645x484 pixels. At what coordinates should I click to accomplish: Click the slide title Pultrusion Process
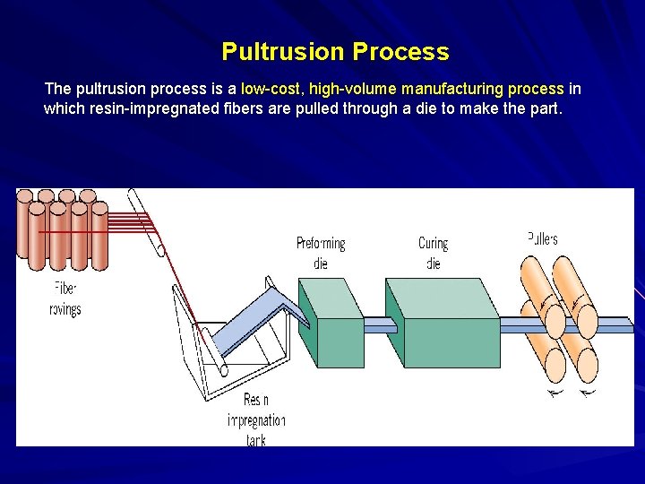pos(335,52)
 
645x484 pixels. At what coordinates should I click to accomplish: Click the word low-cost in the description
pos(272,90)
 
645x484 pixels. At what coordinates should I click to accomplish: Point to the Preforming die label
pos(321,252)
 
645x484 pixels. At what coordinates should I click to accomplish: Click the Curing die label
pos(434,252)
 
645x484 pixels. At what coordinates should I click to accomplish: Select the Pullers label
pos(542,238)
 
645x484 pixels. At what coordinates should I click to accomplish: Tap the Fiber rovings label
pos(64,298)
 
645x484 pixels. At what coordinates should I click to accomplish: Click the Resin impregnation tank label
pos(256,419)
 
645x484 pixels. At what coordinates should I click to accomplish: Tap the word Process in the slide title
pos(400,52)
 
